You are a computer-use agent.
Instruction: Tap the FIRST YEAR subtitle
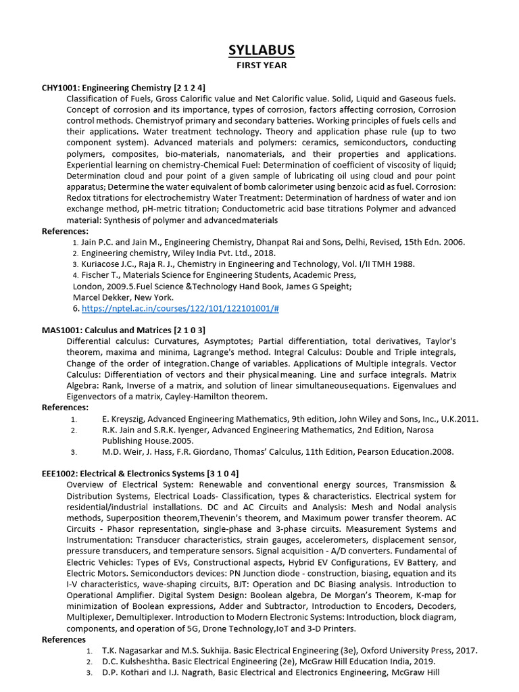(x=260, y=66)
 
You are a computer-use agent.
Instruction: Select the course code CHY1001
(x=61, y=88)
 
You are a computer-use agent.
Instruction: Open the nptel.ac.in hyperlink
(x=180, y=308)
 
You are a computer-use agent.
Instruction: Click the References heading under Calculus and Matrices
(x=66, y=407)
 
